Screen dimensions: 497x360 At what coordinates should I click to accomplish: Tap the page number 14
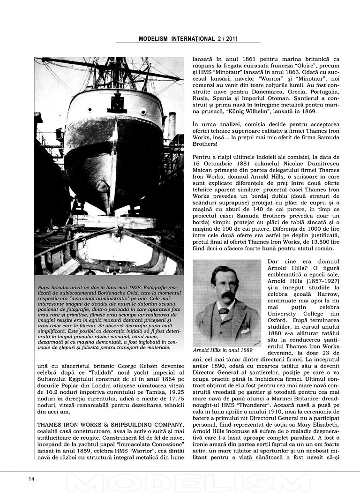[x=31, y=479]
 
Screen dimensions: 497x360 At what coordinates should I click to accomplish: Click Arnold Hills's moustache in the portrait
[x=227, y=297]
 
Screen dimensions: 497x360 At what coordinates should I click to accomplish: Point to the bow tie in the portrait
[x=224, y=310]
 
